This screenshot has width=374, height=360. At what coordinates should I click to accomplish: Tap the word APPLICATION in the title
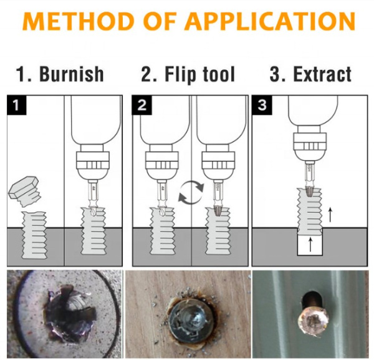(270, 21)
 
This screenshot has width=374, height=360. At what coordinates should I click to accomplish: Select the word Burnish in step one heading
(71, 74)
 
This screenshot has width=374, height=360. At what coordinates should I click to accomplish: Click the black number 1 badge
(16, 105)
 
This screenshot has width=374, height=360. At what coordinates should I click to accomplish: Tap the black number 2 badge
(141, 105)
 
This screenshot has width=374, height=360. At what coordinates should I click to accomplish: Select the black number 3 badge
(262, 105)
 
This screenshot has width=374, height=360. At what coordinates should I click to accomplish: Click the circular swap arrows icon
(191, 192)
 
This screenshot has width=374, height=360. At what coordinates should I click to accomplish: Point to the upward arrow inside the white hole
(310, 244)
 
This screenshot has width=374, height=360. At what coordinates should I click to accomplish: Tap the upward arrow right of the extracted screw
(330, 215)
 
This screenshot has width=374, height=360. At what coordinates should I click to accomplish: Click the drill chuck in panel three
(309, 146)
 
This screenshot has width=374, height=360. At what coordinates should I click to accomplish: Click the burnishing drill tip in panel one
(93, 210)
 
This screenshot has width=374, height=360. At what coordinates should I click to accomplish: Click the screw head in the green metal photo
(314, 321)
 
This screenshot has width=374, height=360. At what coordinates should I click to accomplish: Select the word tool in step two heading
(219, 74)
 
